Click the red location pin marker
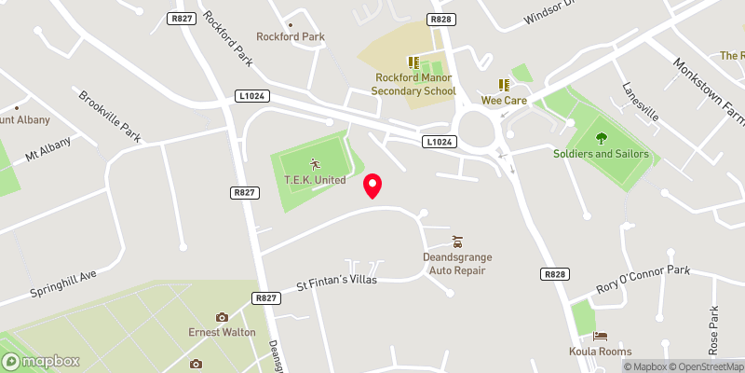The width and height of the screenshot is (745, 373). pyautogui.click(x=372, y=186)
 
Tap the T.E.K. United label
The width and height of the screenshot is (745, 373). pyautogui.click(x=314, y=180)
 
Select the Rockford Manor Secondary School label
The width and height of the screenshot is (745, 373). pyautogui.click(x=413, y=85)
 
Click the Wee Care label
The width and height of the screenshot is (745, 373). pyautogui.click(x=504, y=100)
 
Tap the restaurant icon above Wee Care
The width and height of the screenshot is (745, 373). pyautogui.click(x=504, y=84)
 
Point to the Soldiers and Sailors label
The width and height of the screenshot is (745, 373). pyautogui.click(x=601, y=154)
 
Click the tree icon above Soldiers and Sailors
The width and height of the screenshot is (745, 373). pyautogui.click(x=601, y=137)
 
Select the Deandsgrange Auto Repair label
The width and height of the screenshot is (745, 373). pyautogui.click(x=458, y=263)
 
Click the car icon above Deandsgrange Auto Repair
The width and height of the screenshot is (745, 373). pyautogui.click(x=457, y=241)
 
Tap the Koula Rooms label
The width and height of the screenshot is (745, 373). pyautogui.click(x=601, y=352)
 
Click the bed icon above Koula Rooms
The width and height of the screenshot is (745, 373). pyautogui.click(x=601, y=336)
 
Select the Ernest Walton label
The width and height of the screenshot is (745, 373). pyautogui.click(x=222, y=333)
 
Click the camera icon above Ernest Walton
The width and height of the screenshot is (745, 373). pyautogui.click(x=222, y=317)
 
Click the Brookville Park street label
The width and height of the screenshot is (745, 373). pyautogui.click(x=110, y=117)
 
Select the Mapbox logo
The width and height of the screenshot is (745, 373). pyautogui.click(x=40, y=361)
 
